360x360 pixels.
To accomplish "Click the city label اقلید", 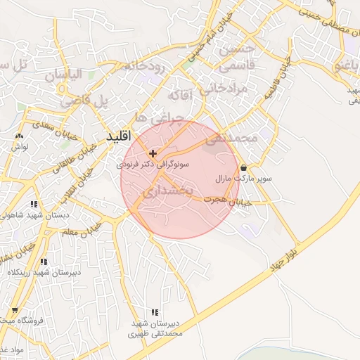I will pyautogui.click(x=119, y=136).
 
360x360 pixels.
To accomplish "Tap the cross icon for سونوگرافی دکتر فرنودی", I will pyautogui.click(x=153, y=153).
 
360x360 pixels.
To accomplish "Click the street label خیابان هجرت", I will pyautogui.click(x=224, y=201).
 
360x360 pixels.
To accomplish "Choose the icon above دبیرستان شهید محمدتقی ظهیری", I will pyautogui.click(x=155, y=312).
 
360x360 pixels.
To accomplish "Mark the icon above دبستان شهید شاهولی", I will pyautogui.click(x=34, y=205).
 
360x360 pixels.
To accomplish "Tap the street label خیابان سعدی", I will pyautogui.click(x=51, y=133).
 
